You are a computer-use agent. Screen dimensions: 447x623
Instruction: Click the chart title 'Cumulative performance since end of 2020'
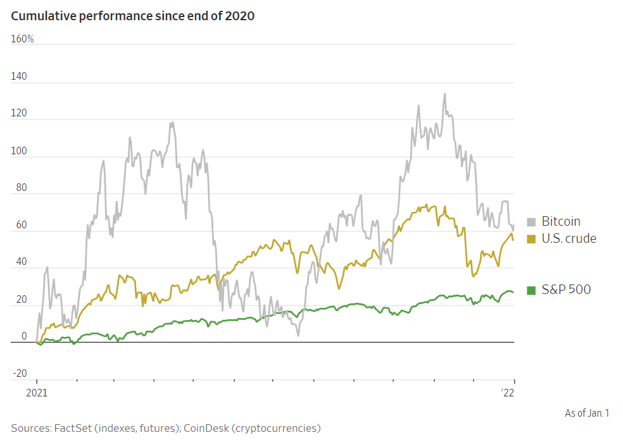tap(132, 16)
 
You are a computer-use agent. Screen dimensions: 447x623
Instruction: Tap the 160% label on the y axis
tap(22, 39)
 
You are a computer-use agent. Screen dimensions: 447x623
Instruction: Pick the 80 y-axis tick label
tap(21, 188)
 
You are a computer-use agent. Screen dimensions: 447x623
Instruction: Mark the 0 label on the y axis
tap(24, 336)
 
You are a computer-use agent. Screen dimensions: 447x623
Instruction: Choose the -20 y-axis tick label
tap(20, 373)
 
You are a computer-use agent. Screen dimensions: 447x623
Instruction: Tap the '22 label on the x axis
tap(507, 393)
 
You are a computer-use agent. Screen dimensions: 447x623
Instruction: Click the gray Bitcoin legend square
tap(531, 222)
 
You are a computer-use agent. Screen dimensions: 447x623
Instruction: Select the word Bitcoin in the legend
tap(561, 222)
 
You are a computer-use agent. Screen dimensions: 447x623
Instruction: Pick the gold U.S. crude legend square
tap(531, 238)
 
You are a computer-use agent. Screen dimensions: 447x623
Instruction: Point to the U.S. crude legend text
tap(569, 238)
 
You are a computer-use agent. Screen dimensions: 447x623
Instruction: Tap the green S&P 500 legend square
tap(531, 290)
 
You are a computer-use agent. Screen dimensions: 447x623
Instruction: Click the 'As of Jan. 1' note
tap(587, 413)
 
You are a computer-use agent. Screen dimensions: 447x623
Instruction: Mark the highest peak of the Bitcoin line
tap(444, 94)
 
